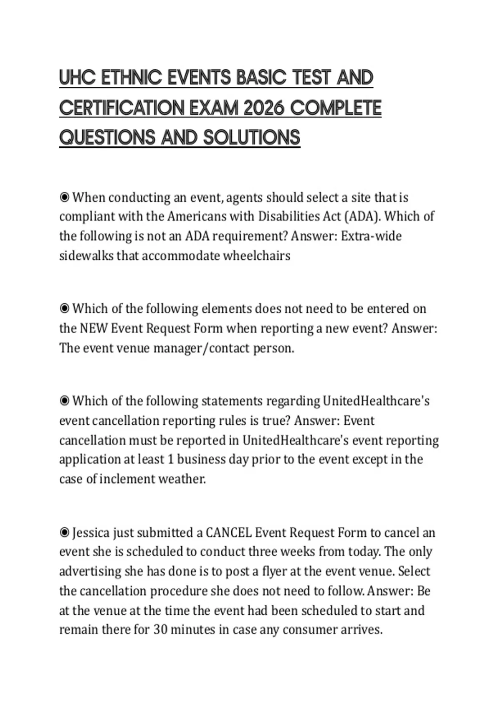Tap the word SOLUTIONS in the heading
[x=252, y=137]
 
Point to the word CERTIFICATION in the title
[x=121, y=108]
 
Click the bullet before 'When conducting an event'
[x=64, y=197]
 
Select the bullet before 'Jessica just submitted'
[x=64, y=532]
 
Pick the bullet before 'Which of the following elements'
[x=64, y=309]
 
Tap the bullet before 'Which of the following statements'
[x=64, y=401]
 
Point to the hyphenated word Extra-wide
[x=371, y=236]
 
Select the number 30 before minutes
[x=160, y=629]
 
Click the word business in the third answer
[x=201, y=459]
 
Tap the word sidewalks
[x=86, y=256]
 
